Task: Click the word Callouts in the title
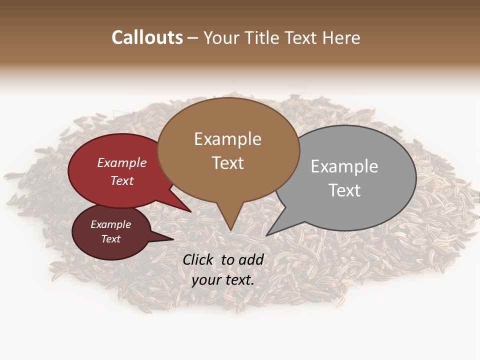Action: tap(147, 37)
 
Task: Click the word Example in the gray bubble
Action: tap(344, 166)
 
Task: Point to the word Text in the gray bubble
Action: tap(344, 190)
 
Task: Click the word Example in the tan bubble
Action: tap(227, 139)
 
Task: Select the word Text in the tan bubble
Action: tap(228, 163)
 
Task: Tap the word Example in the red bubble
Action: tap(122, 163)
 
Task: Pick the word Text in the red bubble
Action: tap(122, 180)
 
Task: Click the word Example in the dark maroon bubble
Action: tap(110, 224)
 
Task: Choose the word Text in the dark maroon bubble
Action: tap(110, 239)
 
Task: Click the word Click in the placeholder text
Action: tap(198, 259)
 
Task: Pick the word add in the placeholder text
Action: tap(251, 259)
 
